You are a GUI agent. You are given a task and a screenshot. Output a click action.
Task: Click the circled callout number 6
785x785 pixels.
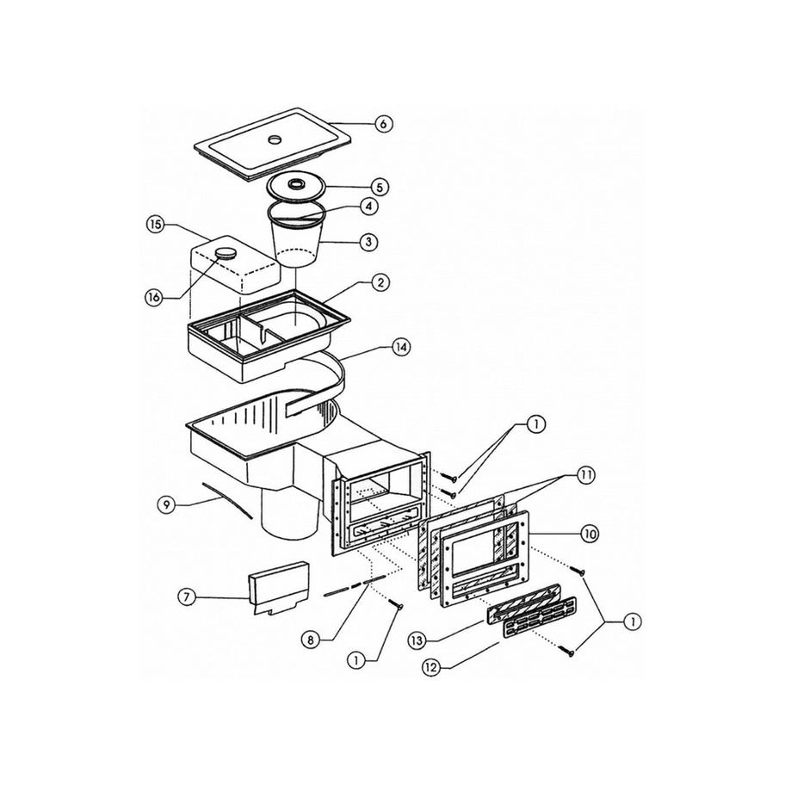pos(383,124)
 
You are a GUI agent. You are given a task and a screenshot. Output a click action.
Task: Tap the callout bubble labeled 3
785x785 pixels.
pos(368,242)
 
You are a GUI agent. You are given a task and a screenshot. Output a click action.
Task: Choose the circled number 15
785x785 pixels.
pos(156,225)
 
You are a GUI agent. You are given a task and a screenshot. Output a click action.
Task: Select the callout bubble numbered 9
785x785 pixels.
pos(166,505)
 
